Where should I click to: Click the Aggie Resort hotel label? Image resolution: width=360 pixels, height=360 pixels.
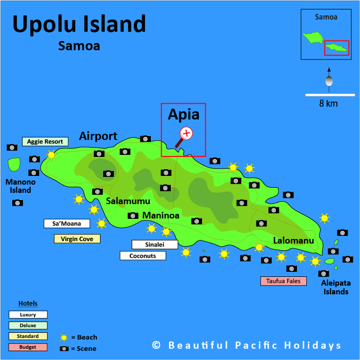45,142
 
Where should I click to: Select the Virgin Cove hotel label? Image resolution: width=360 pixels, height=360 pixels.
77,239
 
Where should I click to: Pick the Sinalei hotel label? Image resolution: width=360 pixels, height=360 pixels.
154,245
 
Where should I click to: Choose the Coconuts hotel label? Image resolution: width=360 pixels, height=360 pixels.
143,255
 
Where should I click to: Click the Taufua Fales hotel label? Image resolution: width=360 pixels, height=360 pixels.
283,281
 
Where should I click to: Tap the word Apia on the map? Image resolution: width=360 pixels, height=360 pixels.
183,115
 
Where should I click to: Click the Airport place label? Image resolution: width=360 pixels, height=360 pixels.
98,136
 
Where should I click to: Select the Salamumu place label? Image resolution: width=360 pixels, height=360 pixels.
128,201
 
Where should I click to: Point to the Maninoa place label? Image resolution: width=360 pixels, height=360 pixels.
161,215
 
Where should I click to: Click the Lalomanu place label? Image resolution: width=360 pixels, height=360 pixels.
293,240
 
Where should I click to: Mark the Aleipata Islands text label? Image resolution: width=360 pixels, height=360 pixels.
335,287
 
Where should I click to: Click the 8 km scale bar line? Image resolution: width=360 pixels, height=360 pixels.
330,94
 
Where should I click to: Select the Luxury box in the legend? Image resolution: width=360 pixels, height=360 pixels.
28,314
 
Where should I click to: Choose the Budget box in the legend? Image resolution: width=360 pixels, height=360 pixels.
28,347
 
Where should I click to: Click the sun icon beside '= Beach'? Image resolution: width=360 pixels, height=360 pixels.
64,337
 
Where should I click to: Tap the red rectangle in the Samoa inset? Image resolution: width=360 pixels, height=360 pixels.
336,48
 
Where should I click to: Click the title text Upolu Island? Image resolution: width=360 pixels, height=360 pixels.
79,24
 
